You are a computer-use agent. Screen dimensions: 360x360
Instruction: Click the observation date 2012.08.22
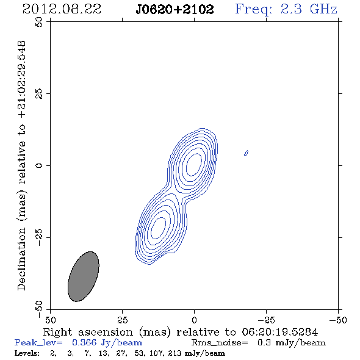tap(62, 9)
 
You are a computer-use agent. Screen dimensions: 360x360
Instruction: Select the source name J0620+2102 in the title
tap(175, 10)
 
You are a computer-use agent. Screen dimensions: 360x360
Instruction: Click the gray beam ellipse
tap(84, 276)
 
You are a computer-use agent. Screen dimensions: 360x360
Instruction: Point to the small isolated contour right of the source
tap(246, 153)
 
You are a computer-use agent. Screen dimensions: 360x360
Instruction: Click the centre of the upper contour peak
tap(194, 164)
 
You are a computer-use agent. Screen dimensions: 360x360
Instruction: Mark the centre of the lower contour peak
tap(158, 228)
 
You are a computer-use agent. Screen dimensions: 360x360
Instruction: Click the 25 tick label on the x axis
tap(122, 320)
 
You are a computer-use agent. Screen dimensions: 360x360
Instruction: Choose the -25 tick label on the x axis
tap(266, 320)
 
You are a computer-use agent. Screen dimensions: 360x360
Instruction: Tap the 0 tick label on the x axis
tap(194, 320)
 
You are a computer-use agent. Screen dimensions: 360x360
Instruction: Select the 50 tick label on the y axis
tap(39, 22)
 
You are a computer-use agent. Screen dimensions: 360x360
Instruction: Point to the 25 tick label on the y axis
tap(39, 94)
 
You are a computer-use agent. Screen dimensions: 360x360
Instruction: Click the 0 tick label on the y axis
tap(39, 165)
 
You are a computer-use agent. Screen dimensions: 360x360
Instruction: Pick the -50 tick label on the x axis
tap(338, 320)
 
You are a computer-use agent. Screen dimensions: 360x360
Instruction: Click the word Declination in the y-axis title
tap(21, 259)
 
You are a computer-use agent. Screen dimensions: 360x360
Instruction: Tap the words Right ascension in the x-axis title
tap(88, 332)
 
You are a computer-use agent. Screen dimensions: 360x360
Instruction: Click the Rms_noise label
tap(220, 343)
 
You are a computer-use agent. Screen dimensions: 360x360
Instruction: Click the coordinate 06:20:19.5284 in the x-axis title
tap(280, 332)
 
